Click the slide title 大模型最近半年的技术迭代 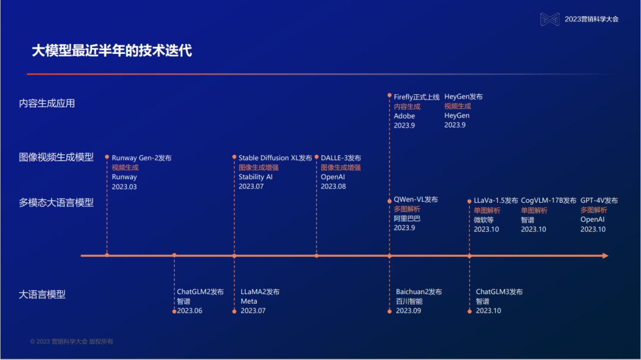point(112,50)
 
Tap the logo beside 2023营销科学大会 point(550,19)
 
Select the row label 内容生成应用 point(47,103)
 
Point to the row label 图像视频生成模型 point(56,157)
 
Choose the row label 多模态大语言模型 point(56,202)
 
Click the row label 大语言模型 point(42,294)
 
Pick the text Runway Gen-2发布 point(141,158)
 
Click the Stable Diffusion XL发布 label point(275,158)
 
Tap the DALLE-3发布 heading point(341,158)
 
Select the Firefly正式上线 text point(417,97)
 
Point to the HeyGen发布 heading point(464,97)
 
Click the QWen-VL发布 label point(416,200)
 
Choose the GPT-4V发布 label point(599,200)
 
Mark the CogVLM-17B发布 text point(548,200)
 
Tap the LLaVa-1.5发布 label point(496,200)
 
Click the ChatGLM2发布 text point(200,292)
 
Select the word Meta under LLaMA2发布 point(249,301)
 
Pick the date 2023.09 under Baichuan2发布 point(408,311)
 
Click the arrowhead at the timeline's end point(605,256)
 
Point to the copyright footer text point(72,342)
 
